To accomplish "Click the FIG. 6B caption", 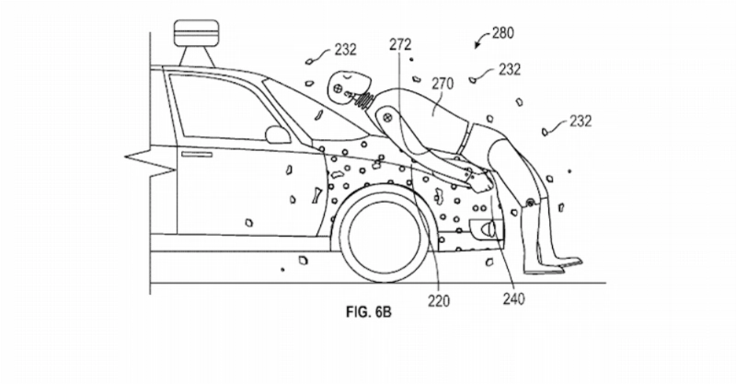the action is (x=369, y=311).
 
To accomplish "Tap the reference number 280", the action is (x=502, y=33).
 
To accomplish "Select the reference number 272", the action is (x=400, y=44).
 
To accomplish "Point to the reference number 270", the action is (x=443, y=84).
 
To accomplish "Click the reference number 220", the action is (x=439, y=300).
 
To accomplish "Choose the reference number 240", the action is (x=513, y=298).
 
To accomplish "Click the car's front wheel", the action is (x=384, y=234).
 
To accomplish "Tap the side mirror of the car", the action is (x=278, y=134).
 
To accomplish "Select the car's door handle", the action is (x=197, y=154).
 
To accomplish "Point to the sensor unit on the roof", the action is (x=196, y=42).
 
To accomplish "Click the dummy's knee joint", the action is (x=530, y=203).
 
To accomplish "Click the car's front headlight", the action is (x=486, y=228).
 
